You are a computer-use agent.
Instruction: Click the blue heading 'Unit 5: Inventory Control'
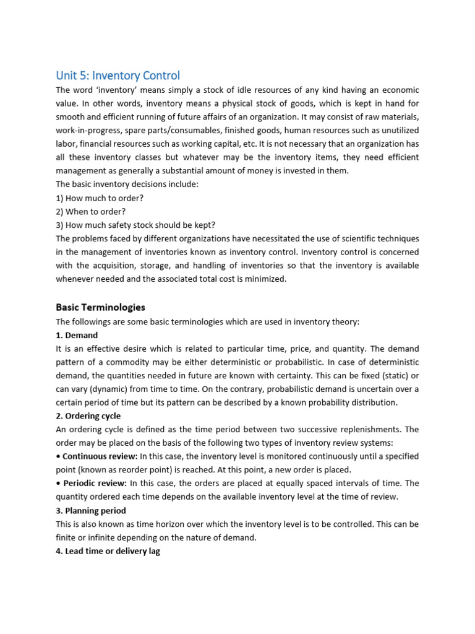[118, 76]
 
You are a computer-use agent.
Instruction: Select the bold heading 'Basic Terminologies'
[100, 307]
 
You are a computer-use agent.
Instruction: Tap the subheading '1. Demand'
[77, 335]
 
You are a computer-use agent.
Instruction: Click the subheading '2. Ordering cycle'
[88, 416]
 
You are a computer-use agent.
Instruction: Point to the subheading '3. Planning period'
[91, 511]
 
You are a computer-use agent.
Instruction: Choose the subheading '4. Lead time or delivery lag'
[108, 551]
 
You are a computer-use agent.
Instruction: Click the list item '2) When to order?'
[90, 212]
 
